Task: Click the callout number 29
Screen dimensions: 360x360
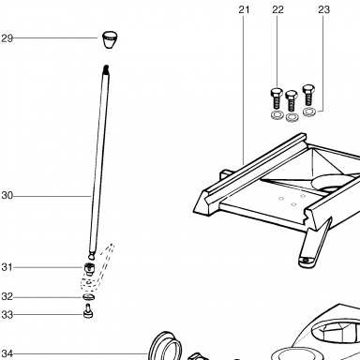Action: [7, 38]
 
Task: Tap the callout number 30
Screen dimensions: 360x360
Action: [7, 196]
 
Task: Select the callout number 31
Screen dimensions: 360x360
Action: [7, 267]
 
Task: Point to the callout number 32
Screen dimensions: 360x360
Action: [7, 296]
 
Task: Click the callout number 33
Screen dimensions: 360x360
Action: [7, 315]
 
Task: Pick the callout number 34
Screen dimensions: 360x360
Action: [7, 353]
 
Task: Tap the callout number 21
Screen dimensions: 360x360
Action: [244, 9]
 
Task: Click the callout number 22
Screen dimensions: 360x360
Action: [277, 9]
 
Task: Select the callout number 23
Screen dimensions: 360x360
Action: [323, 9]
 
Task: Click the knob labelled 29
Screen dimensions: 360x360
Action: [110, 39]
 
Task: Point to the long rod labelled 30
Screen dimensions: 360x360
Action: [99, 162]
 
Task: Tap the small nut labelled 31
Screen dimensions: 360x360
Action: [89, 269]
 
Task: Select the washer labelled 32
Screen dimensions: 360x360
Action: [89, 297]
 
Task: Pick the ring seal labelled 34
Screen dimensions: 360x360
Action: [165, 346]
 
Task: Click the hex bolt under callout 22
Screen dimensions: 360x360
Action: [277, 98]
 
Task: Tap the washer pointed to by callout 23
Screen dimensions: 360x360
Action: [308, 112]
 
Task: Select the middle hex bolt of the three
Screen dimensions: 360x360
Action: [292, 100]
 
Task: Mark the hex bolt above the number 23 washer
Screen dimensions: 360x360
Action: [308, 95]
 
